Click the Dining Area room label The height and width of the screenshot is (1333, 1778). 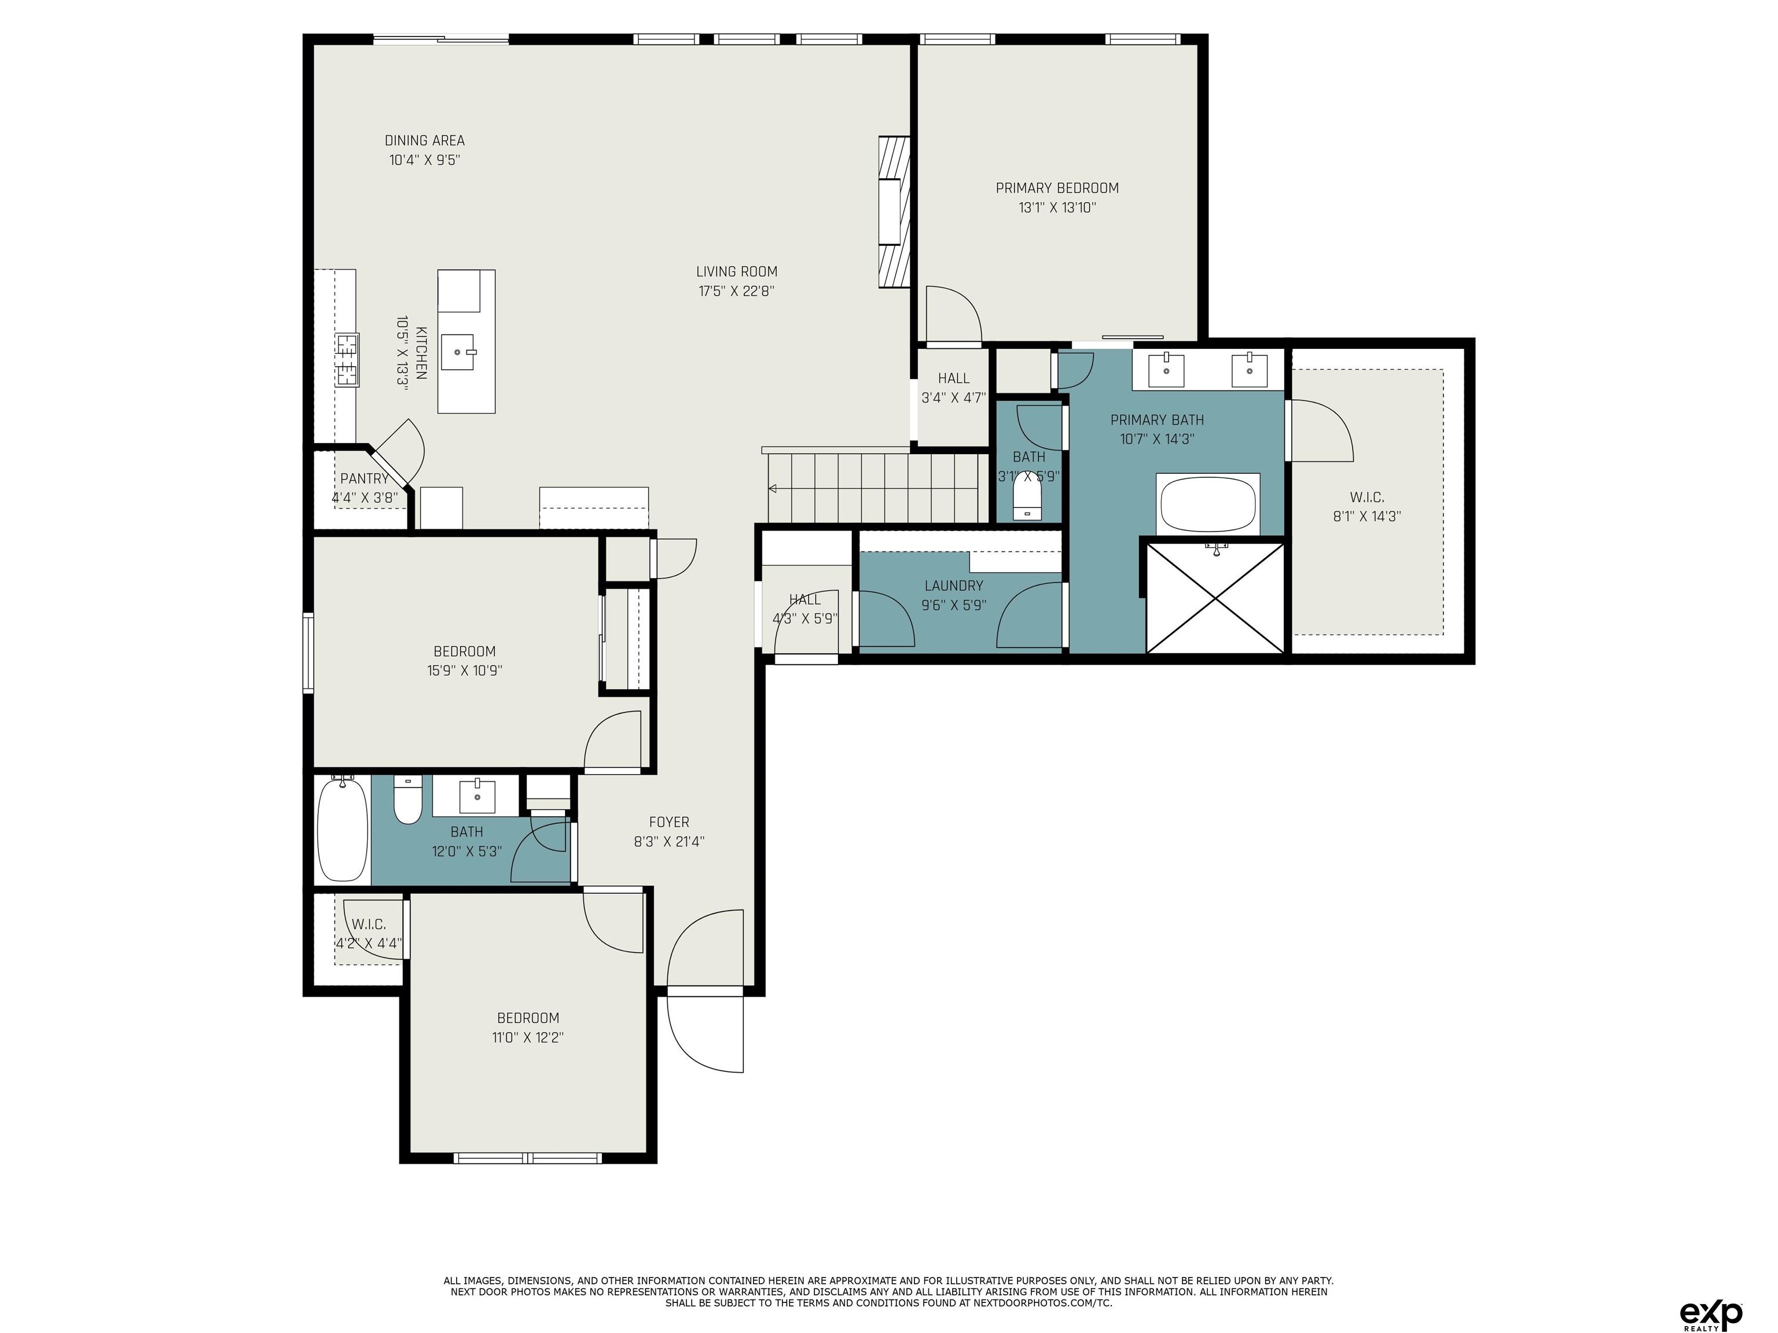point(424,141)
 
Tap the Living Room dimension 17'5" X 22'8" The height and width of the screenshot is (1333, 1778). point(736,291)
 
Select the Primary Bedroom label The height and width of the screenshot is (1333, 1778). point(1057,188)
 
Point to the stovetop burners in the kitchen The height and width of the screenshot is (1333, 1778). point(347,360)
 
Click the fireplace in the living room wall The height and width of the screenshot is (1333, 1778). point(894,212)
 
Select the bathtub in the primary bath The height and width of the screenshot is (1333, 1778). point(1207,504)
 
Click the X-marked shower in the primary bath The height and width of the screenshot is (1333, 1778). point(1214,598)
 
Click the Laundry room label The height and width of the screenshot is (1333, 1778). point(953,586)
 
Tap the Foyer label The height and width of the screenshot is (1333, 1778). point(668,822)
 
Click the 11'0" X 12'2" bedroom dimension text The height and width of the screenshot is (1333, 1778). point(527,1037)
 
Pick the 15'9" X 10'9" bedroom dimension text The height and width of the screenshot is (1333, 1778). point(465,670)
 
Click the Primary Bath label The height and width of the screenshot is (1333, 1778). point(1156,419)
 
